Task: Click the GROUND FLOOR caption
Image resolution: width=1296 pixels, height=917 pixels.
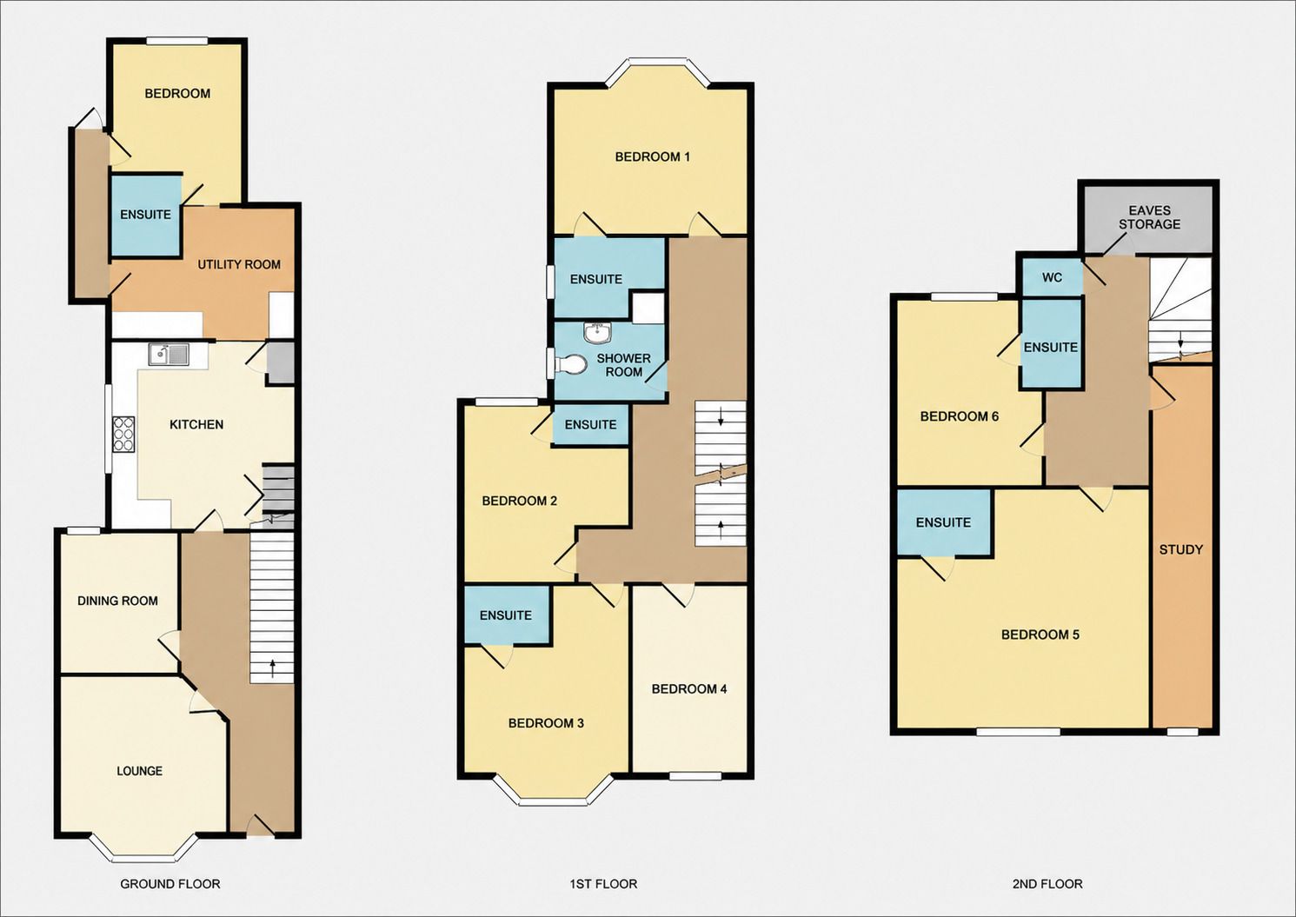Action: pos(170,884)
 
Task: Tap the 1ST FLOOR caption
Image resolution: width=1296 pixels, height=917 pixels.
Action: pos(603,884)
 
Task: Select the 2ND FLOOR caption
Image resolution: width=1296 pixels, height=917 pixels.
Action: pos(1047,884)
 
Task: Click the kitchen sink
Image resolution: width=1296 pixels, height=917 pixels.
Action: pos(169,354)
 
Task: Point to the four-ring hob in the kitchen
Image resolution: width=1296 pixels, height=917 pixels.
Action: pos(123,434)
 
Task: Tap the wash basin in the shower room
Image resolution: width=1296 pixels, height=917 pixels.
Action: pos(596,333)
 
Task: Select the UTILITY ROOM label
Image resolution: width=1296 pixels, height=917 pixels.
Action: pos(239,264)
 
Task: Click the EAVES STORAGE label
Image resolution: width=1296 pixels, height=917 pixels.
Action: pos(1149,217)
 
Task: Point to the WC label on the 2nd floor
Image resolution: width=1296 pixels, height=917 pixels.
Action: pos(1052,277)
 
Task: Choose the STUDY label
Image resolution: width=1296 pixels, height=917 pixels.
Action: pos(1181,549)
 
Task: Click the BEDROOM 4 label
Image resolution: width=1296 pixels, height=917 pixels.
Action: pos(689,689)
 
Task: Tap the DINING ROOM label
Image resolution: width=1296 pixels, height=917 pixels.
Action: pos(117,601)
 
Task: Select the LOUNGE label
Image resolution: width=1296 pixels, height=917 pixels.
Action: pos(139,771)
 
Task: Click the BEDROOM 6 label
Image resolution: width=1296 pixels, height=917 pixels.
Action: pos(960,416)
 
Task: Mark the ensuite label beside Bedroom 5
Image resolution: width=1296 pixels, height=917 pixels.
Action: pos(943,522)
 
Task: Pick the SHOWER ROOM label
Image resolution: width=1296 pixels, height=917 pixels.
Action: pos(624,365)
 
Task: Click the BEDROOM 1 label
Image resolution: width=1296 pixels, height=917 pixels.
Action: pos(652,156)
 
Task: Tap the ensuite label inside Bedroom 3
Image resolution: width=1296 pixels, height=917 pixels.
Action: pos(506,615)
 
